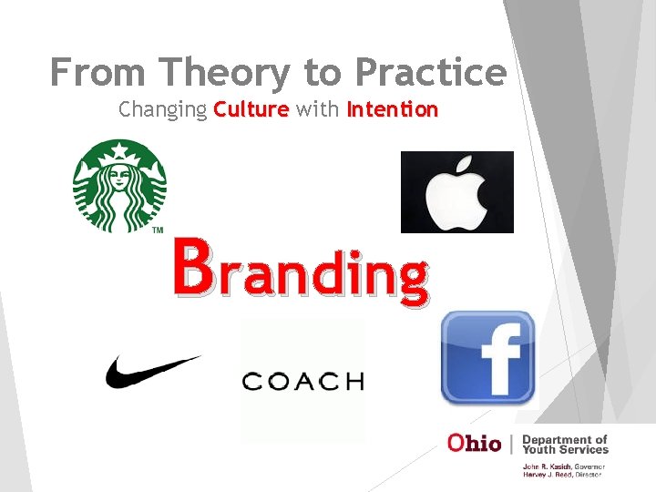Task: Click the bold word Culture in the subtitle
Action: click(251, 110)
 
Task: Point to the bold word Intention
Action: click(392, 110)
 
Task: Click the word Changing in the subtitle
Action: click(162, 110)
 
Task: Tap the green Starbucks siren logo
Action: click(121, 185)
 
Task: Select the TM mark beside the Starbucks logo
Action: click(157, 230)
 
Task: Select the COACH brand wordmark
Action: click(302, 381)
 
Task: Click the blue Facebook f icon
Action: click(487, 357)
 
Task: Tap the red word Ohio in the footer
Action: click(474, 443)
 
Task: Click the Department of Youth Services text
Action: click(564, 444)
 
